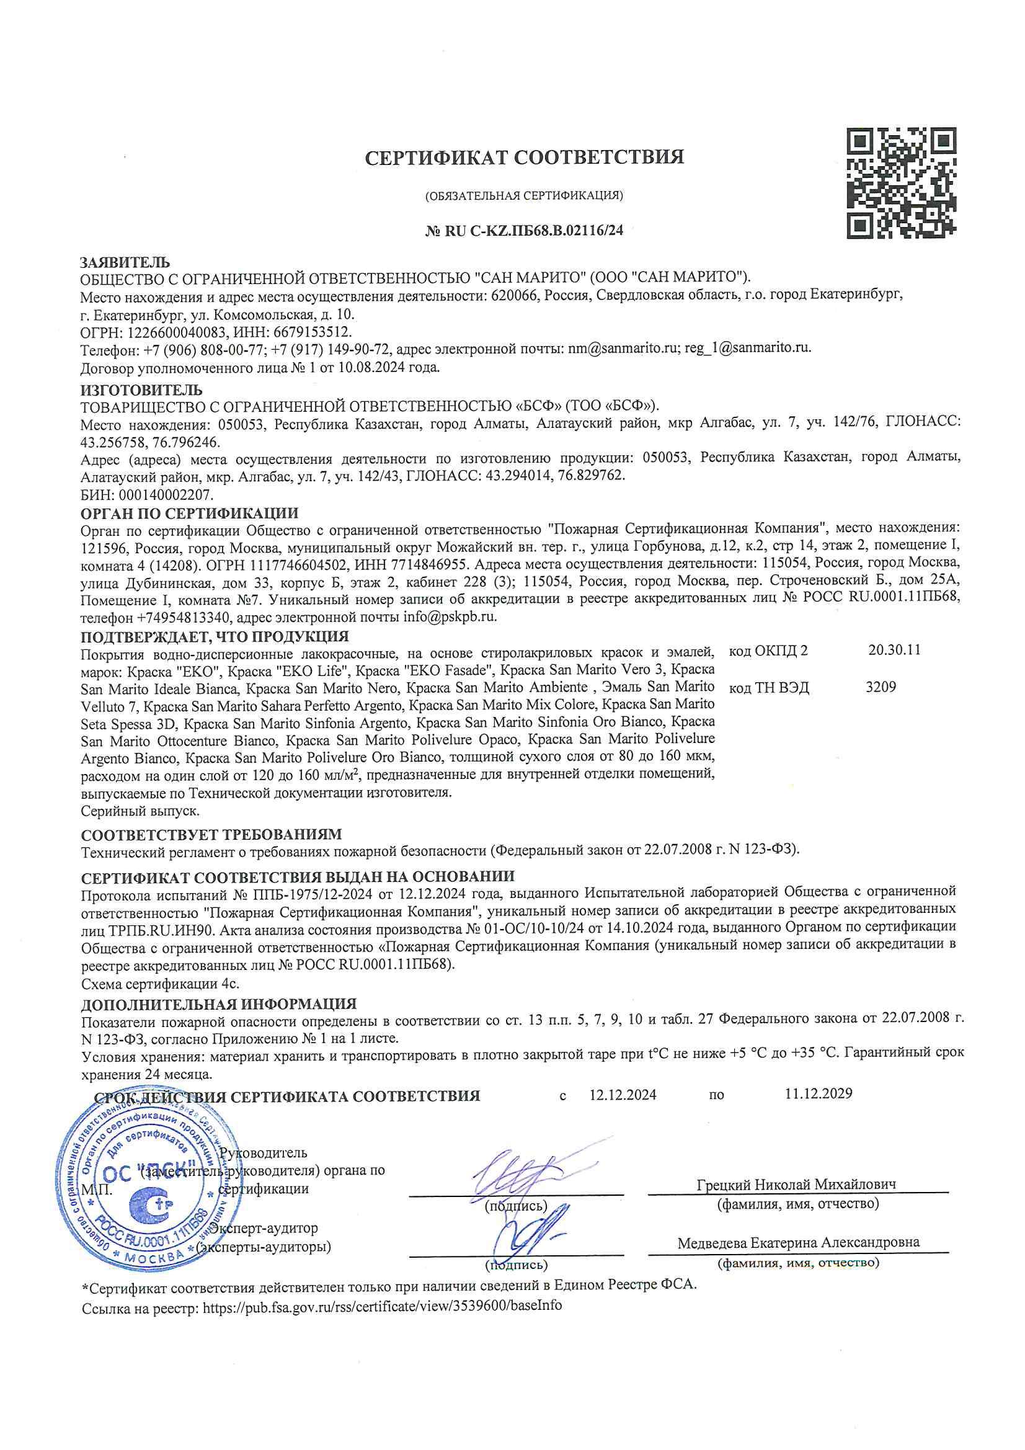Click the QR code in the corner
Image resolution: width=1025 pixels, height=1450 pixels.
pos(900,182)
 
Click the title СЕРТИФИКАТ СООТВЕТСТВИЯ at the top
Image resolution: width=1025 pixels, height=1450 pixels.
pos(524,158)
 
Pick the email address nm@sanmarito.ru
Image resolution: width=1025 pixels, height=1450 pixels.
pos(619,348)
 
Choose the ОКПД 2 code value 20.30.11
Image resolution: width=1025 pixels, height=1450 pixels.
pos(894,650)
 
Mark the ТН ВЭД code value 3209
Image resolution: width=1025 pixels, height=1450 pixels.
pos(881,687)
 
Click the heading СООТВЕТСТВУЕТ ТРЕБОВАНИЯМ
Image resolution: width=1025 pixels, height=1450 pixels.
pos(211,835)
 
